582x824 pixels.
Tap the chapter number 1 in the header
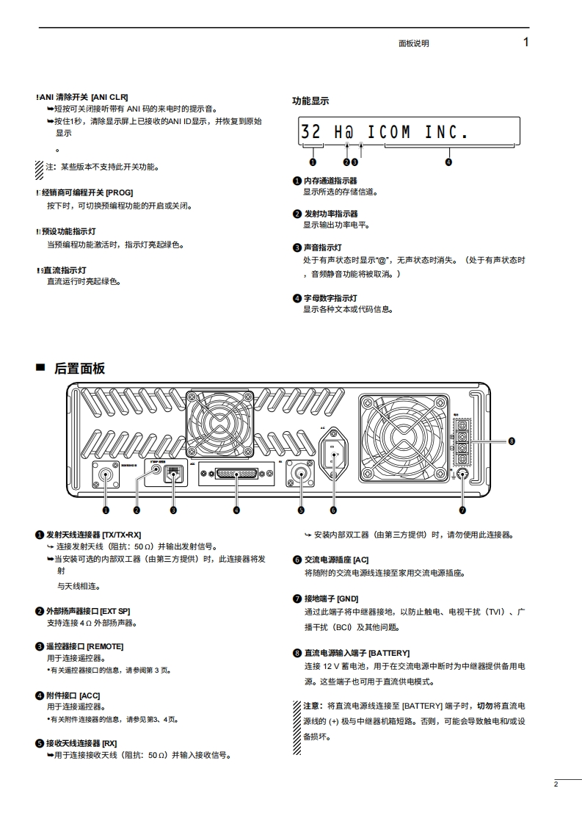coord(525,43)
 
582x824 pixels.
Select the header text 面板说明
coord(413,43)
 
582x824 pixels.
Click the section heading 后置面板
coord(79,368)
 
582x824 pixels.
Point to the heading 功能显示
coord(310,101)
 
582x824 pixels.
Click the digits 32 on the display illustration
coord(311,132)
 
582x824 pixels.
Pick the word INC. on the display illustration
coord(446,133)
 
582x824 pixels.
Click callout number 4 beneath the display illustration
coord(448,162)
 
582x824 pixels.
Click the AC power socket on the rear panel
coord(333,449)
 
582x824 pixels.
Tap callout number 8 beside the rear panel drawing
coord(512,441)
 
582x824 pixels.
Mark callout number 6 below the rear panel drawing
coord(333,510)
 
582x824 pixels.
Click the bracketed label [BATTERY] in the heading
coord(389,652)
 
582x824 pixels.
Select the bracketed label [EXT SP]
coord(115,610)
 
